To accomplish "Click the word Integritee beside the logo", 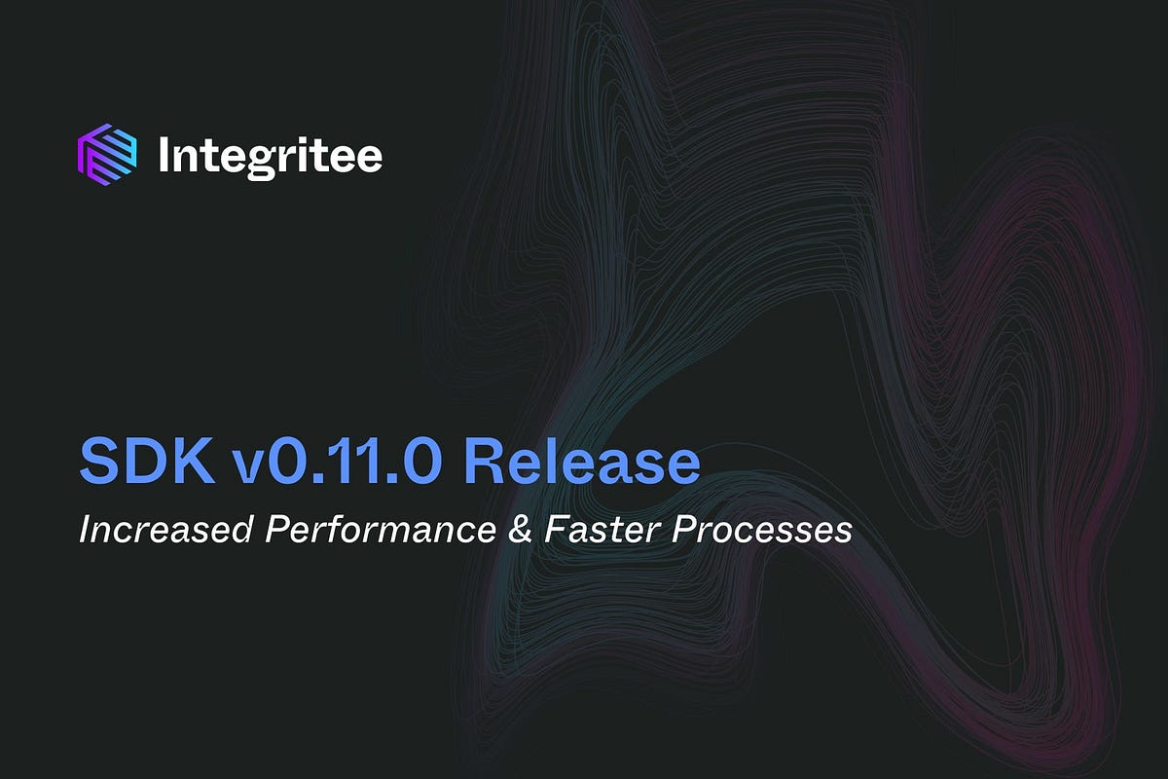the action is click(270, 155).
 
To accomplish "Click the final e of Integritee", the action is click(369, 159).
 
